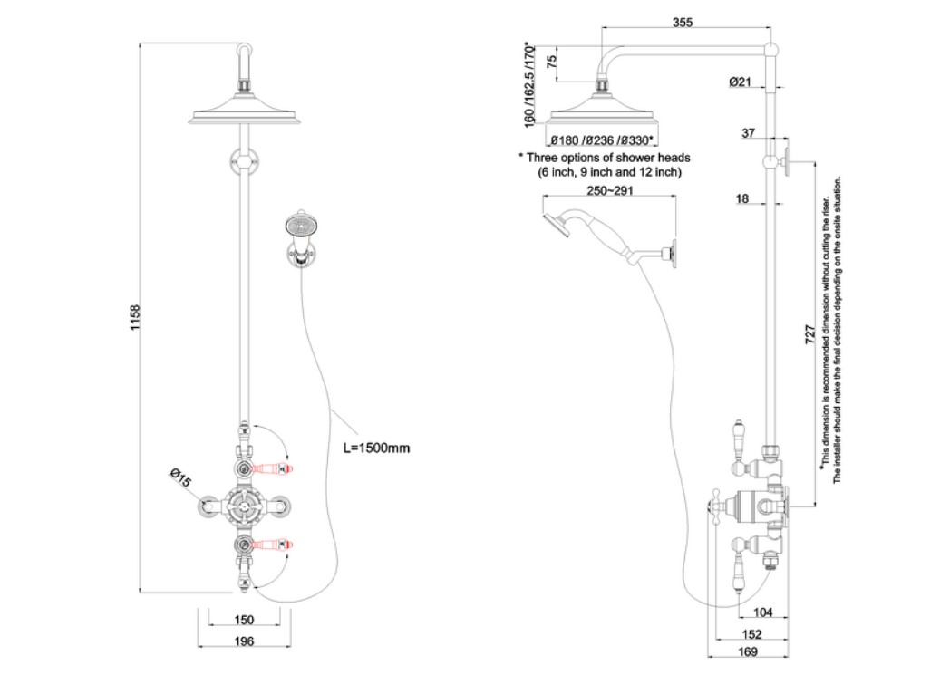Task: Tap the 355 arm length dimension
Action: pos(683,24)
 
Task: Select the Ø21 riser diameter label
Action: pos(740,82)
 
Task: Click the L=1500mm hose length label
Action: pos(376,448)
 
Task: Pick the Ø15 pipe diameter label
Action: pos(179,478)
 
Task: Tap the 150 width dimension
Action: pos(243,621)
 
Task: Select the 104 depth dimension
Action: pos(762,613)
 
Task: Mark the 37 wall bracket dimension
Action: pos(748,134)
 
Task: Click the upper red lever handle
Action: pos(273,468)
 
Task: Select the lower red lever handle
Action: pos(273,544)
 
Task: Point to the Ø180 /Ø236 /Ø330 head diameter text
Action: pos(603,140)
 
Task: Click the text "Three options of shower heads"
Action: pos(606,158)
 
